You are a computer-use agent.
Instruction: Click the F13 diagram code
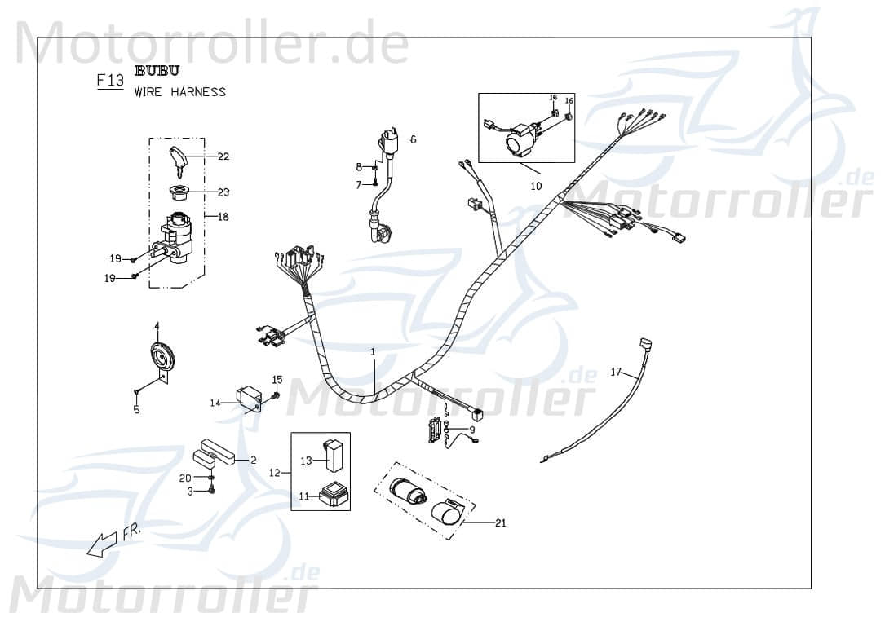point(109,81)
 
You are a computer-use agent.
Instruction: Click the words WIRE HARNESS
point(180,92)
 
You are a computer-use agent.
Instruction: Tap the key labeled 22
point(179,159)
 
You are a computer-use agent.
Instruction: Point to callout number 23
point(223,192)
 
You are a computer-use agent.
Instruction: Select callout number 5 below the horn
point(136,409)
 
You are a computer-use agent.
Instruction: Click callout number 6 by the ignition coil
point(413,139)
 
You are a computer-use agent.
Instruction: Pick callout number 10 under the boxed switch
point(536,186)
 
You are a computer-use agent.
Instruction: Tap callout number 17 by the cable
point(616,372)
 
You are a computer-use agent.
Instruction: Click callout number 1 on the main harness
point(373,352)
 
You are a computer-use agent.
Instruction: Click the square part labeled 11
point(330,494)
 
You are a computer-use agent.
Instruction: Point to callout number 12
point(275,473)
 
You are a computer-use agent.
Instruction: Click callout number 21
point(500,522)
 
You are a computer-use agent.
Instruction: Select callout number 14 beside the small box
point(215,403)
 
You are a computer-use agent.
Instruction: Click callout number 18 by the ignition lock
point(223,217)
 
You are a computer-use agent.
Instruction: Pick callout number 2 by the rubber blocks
point(253,460)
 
